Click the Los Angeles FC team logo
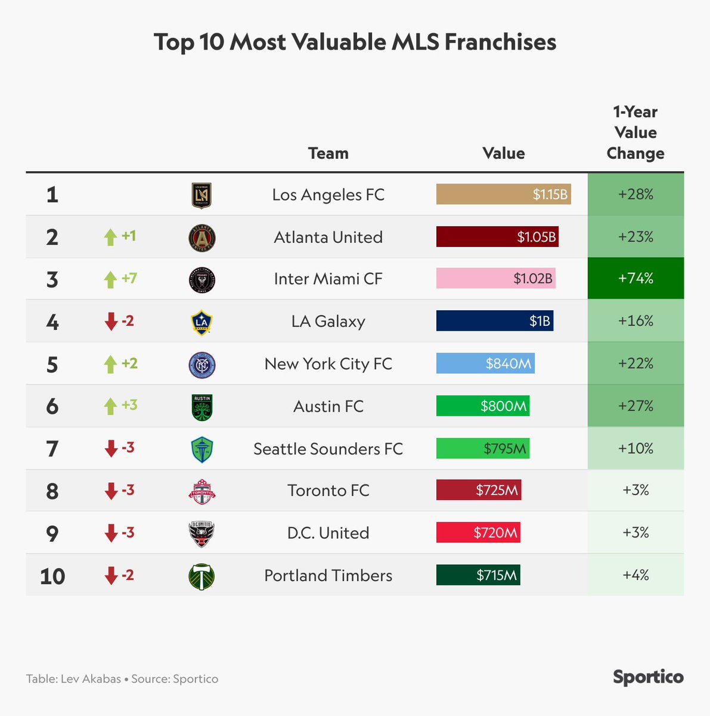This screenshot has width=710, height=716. [x=201, y=195]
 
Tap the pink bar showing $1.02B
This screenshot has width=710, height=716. [x=495, y=279]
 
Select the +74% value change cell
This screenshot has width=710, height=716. [x=635, y=279]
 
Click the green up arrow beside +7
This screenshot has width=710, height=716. [x=110, y=279]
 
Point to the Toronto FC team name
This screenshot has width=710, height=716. [x=328, y=490]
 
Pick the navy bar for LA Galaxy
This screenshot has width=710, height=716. [x=494, y=321]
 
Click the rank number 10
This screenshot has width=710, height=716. [x=52, y=576]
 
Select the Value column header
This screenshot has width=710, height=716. [x=504, y=153]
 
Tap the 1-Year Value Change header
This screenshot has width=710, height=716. [x=635, y=132]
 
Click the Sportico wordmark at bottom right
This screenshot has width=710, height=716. [x=648, y=678]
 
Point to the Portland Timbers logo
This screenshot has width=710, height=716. [x=201, y=576]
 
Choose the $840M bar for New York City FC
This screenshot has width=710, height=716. [x=485, y=363]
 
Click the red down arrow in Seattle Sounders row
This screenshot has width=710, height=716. [x=111, y=449]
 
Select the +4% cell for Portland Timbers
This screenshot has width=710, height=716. [x=635, y=575]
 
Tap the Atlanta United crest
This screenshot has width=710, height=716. [x=201, y=237]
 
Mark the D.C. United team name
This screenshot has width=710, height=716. [x=328, y=533]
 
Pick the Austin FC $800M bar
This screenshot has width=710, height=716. [x=482, y=406]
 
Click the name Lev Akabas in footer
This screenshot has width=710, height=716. [x=91, y=679]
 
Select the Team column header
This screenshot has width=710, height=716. [x=328, y=153]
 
